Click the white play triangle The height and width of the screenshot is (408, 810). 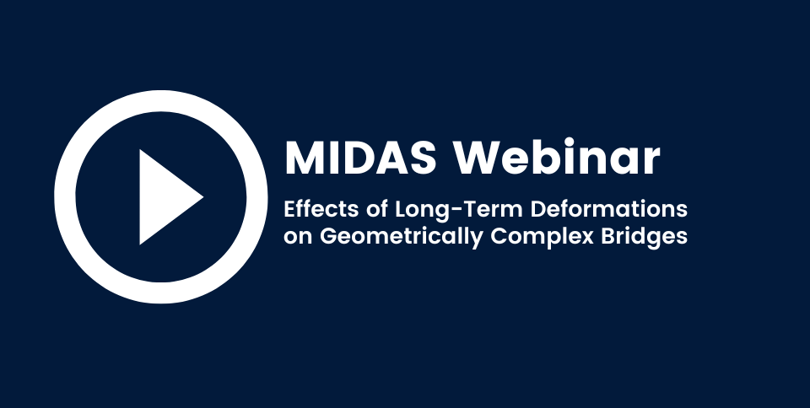pyautogui.click(x=166, y=197)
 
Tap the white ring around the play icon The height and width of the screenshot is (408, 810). pyautogui.click(x=65, y=197)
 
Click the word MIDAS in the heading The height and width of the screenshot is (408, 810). pyautogui.click(x=360, y=158)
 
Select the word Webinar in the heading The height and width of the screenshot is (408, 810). pyautogui.click(x=557, y=157)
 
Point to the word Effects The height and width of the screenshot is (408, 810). pyautogui.click(x=321, y=209)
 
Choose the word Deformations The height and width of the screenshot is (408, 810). pyautogui.click(x=609, y=209)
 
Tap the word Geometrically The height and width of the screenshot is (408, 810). pyautogui.click(x=402, y=237)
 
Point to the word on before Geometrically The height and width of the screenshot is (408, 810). pyautogui.click(x=298, y=239)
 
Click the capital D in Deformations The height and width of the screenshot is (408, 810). pyautogui.click(x=539, y=209)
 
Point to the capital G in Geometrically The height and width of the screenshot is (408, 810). pyautogui.click(x=328, y=236)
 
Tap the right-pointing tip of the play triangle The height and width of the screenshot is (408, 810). pyautogui.click(x=203, y=196)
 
